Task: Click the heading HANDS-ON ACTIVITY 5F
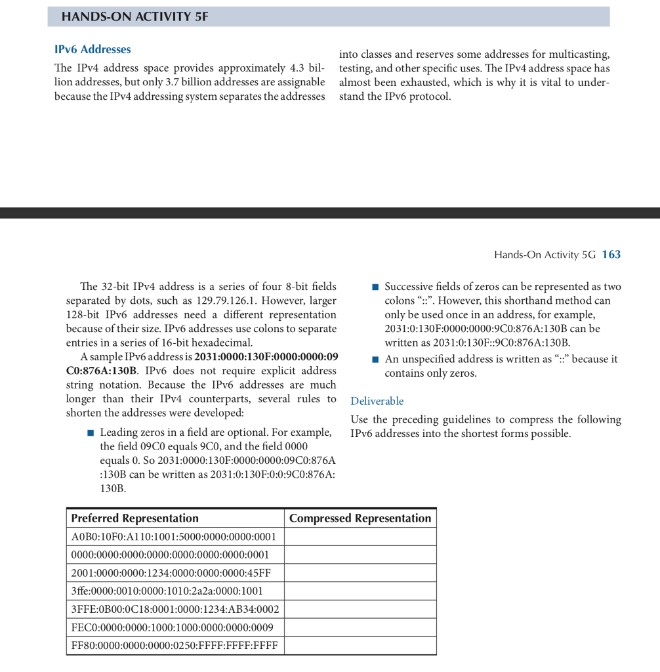134,17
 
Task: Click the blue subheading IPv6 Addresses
93,49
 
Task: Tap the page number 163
611,255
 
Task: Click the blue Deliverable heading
377,401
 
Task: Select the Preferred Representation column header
134,518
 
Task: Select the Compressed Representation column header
360,518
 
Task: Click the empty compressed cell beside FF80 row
360,645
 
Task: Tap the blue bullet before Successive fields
375,287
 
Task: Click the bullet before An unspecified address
375,360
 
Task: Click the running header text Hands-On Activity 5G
545,255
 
